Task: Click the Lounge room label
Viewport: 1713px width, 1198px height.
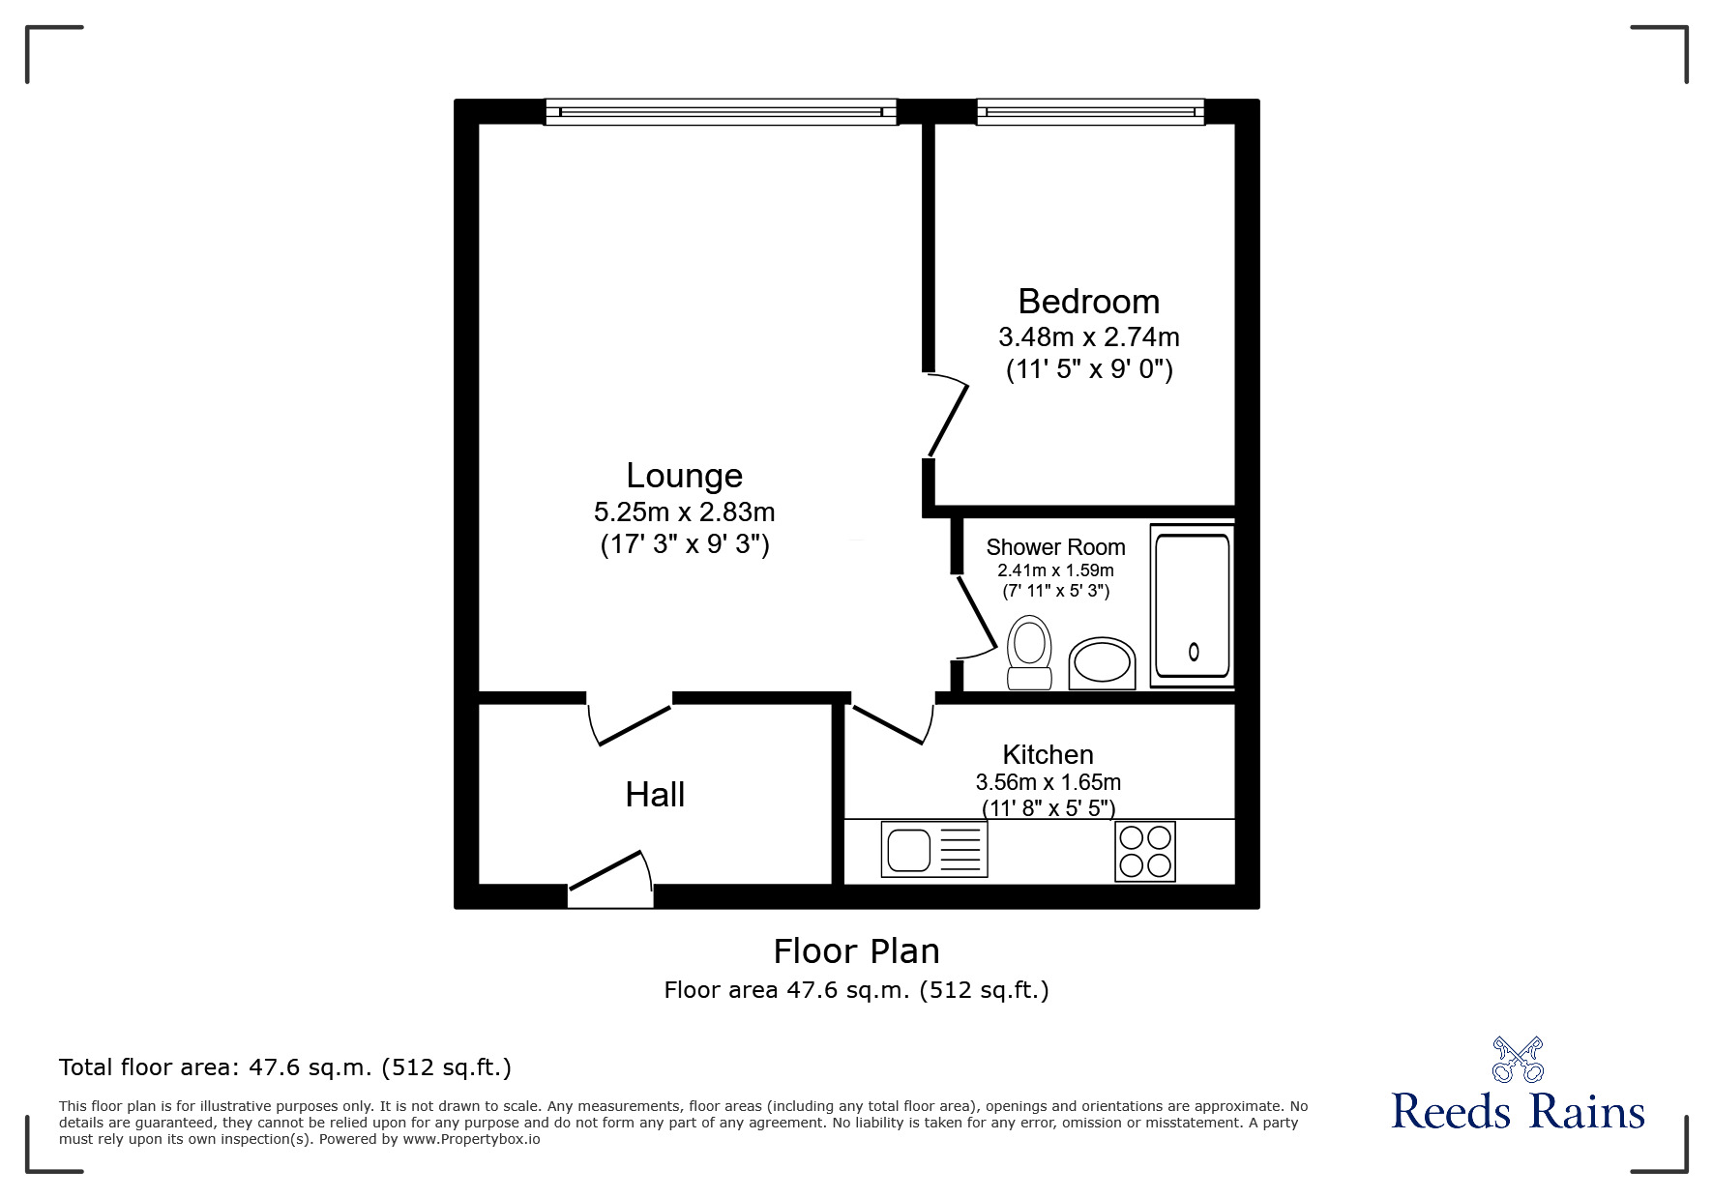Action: tap(684, 476)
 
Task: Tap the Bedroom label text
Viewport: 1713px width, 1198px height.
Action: tap(1088, 302)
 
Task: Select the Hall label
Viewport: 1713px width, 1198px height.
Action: tap(655, 795)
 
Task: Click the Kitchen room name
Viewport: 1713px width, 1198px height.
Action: tap(1048, 754)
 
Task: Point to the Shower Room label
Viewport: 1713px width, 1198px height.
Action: tap(1055, 547)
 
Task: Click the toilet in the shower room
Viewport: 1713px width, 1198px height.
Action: tap(1029, 653)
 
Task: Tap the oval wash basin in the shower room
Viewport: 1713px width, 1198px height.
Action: tap(1102, 663)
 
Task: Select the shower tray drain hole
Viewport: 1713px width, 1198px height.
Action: tap(1194, 652)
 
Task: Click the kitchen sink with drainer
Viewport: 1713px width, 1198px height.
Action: tap(934, 850)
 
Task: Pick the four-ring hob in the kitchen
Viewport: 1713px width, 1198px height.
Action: tap(1145, 851)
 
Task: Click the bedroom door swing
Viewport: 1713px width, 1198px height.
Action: tap(947, 416)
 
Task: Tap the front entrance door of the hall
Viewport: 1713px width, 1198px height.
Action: tap(610, 880)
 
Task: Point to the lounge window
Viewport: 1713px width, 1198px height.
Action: tap(721, 112)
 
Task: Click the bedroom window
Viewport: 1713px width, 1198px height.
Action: tap(1090, 112)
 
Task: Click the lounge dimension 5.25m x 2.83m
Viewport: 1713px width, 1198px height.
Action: tap(684, 511)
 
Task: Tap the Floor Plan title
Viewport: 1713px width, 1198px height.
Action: tap(856, 951)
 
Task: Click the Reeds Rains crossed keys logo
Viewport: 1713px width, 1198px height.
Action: tap(1518, 1059)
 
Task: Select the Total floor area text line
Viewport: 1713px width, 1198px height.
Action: tap(285, 1067)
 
